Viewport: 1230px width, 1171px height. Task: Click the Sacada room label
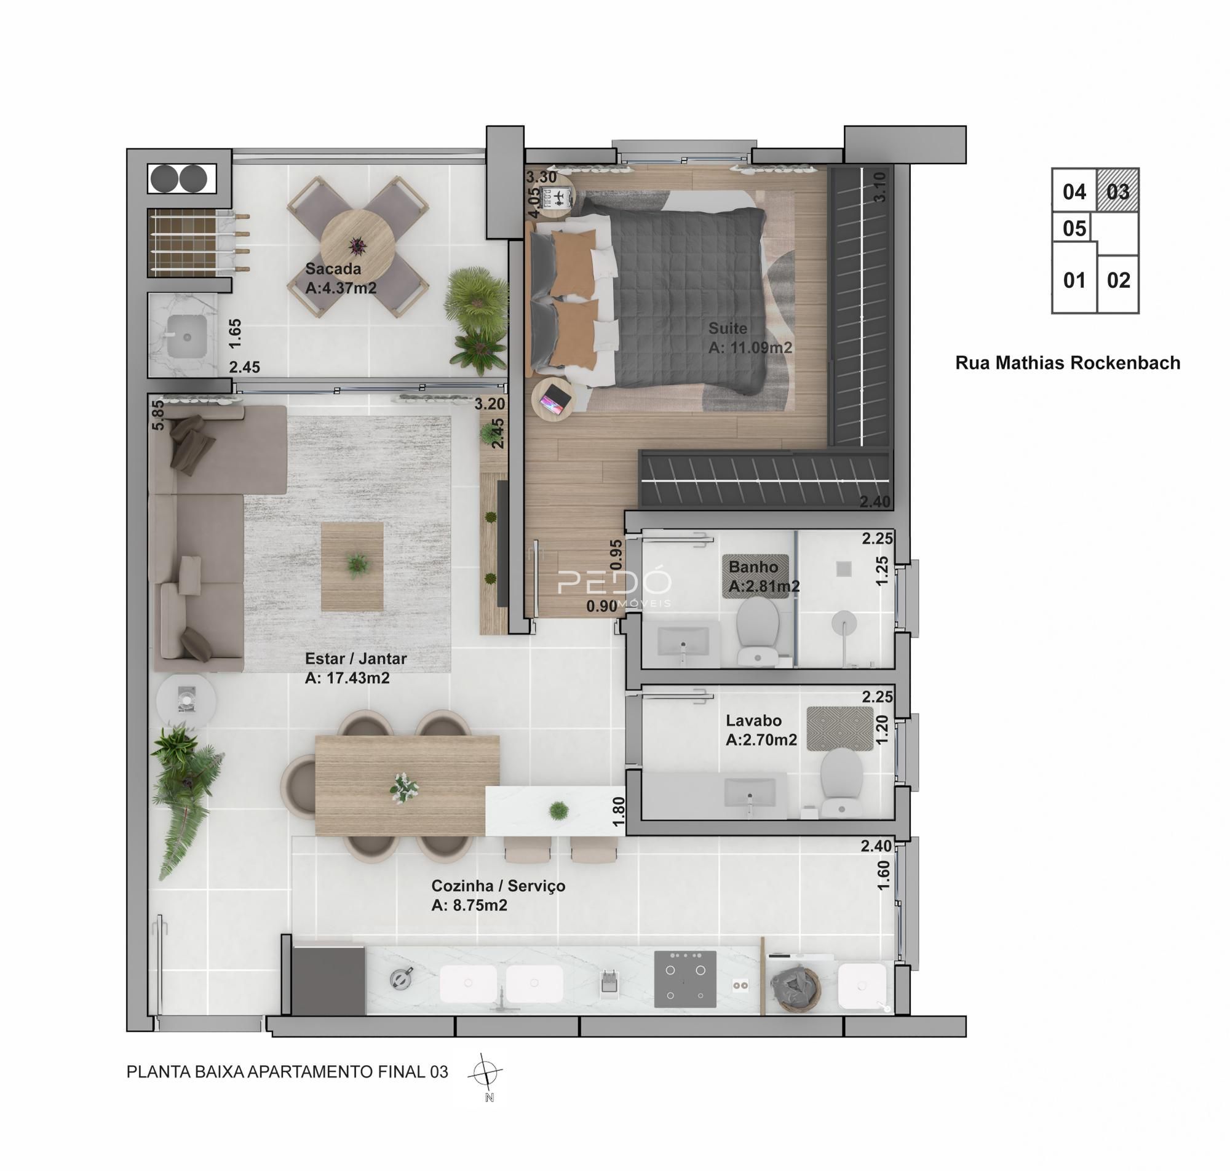point(333,269)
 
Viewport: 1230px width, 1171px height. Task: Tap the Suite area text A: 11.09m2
point(750,347)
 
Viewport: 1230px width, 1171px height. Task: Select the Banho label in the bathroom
point(753,567)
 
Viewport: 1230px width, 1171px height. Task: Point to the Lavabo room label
point(753,720)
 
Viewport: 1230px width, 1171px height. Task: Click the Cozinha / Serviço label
point(498,886)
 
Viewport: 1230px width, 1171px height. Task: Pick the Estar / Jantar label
point(355,659)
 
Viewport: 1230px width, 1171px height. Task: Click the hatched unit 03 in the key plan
point(1117,191)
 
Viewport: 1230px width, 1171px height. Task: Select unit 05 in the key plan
point(1074,228)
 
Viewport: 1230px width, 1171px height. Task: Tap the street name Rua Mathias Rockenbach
point(1067,363)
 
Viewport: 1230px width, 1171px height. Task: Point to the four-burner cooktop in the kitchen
point(684,978)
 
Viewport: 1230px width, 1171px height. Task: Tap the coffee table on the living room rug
point(352,566)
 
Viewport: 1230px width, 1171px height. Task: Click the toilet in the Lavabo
point(841,782)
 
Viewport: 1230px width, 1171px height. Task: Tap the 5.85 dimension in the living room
point(159,415)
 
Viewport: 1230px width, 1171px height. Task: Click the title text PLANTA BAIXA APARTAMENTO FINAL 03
point(287,1072)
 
